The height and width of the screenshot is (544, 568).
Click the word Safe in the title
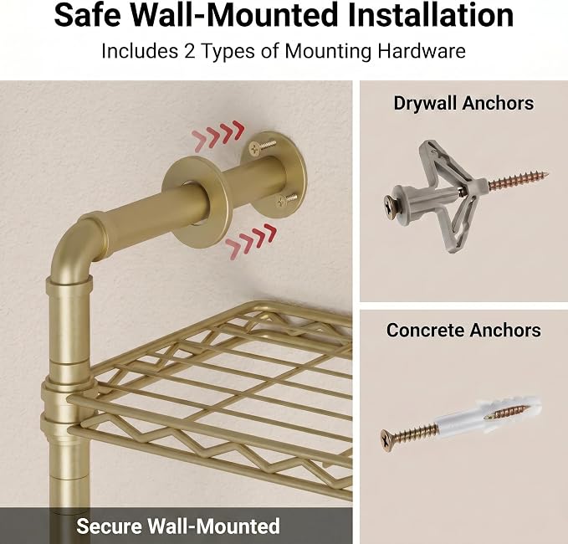pos(87,15)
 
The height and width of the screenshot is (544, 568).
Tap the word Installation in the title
pos(430,15)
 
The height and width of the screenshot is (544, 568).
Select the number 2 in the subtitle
pos(189,51)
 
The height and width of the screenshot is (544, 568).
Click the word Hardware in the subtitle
pos(422,51)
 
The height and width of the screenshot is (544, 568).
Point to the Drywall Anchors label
pos(463,103)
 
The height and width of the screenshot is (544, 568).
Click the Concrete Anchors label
pos(463,331)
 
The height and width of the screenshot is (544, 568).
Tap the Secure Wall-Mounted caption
pos(178,526)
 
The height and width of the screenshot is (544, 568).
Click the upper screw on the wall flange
pos(262,146)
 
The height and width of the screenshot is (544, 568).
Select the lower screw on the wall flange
pos(286,200)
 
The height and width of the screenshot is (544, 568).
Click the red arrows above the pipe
pos(218,136)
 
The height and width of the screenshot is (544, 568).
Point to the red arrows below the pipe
pos(251,241)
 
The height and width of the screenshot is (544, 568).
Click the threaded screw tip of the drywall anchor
pos(519,181)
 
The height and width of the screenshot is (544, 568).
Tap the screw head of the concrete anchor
pos(388,440)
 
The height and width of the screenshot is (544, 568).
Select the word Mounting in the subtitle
pos(328,51)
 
